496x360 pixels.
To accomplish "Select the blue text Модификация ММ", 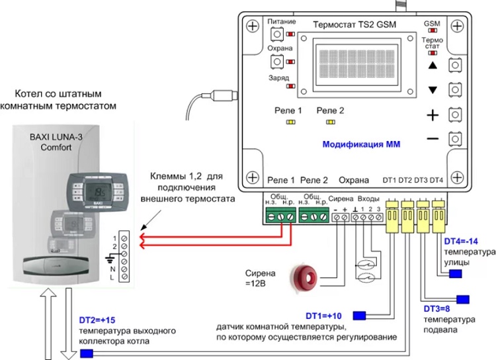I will tap(361, 144).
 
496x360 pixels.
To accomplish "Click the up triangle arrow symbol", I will tap(433, 66).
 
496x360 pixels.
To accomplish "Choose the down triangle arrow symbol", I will tap(433, 90).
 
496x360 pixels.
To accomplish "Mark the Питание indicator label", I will tap(282, 22).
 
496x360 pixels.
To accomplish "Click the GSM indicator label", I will tap(432, 23).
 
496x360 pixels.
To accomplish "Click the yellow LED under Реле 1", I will tap(290, 122).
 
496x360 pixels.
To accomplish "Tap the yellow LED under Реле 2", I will tap(329, 122).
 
